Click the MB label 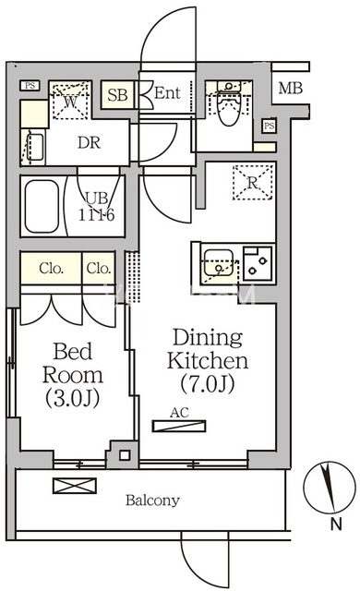click(x=291, y=89)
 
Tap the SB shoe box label click(x=117, y=94)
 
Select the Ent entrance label click(x=167, y=92)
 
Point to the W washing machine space click(x=70, y=100)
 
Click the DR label click(x=90, y=143)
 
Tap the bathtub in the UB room click(x=42, y=206)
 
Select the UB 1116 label click(x=96, y=207)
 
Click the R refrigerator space click(x=252, y=183)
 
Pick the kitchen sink click(x=219, y=262)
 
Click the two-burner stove click(x=258, y=263)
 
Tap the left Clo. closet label click(x=51, y=269)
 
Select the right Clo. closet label click(x=99, y=269)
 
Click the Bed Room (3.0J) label click(x=72, y=374)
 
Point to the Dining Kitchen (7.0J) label click(x=208, y=360)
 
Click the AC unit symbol click(x=179, y=426)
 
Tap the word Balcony click(x=152, y=501)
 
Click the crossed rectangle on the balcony click(x=75, y=486)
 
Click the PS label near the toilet click(x=269, y=126)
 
